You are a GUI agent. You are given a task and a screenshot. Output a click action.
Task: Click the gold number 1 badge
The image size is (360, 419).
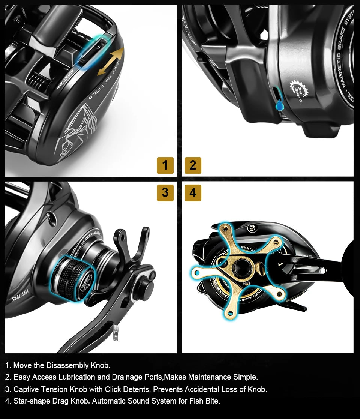[x=165, y=165]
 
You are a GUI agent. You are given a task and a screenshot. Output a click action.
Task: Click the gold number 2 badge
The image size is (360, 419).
[x=193, y=165]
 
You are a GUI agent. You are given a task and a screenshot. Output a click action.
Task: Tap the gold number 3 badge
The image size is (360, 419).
[x=165, y=193]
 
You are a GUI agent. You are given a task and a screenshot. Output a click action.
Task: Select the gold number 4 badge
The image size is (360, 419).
[x=193, y=193]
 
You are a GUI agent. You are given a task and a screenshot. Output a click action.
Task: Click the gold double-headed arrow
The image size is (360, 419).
[x=110, y=62]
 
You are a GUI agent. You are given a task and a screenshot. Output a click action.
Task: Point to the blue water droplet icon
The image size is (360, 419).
[x=279, y=106]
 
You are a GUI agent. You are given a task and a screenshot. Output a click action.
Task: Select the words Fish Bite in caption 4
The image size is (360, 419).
[x=206, y=401]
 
